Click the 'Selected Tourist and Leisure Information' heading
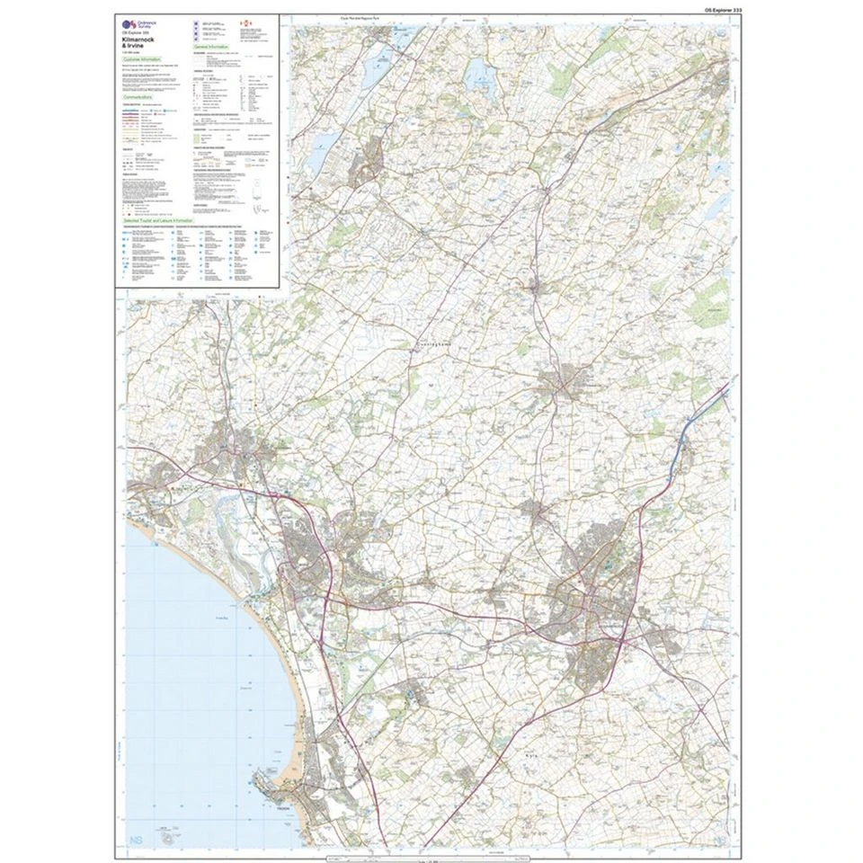click(x=159, y=219)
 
